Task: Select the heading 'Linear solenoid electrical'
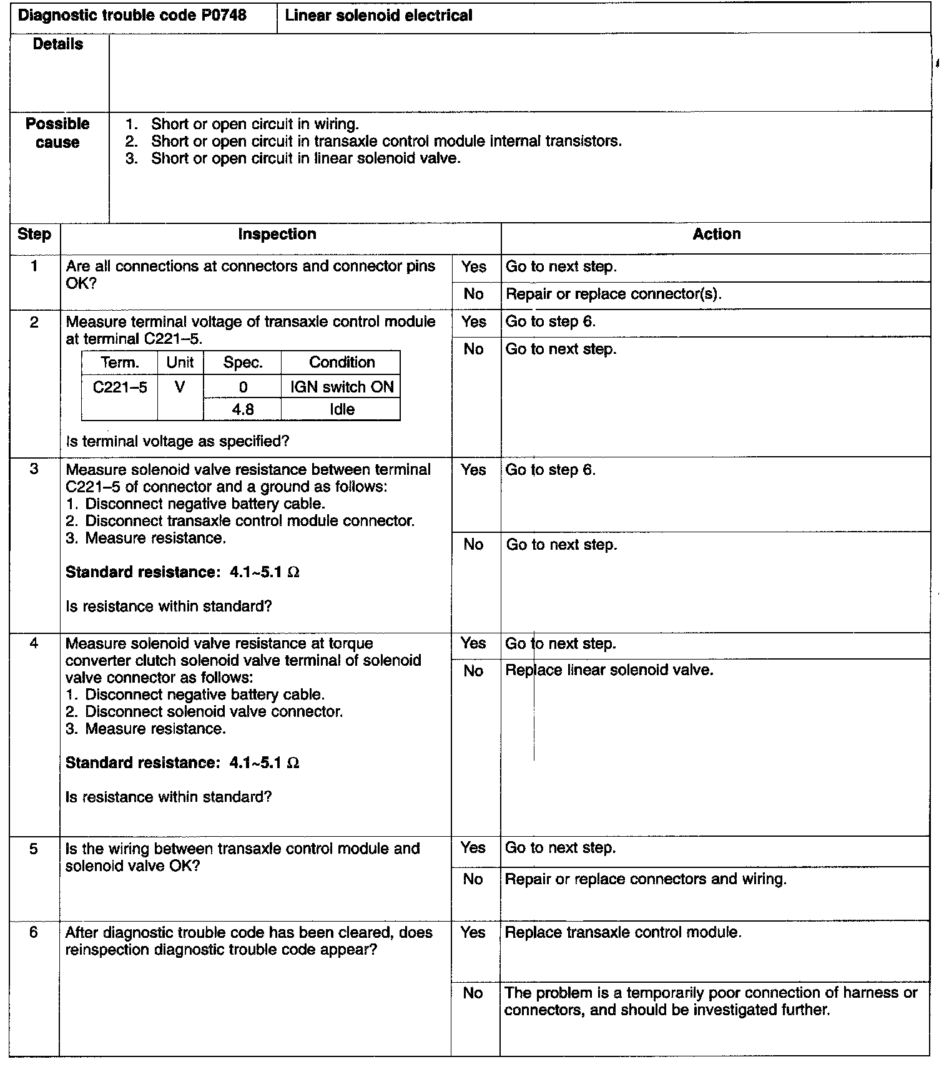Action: pyautogui.click(x=378, y=16)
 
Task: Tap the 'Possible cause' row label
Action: pyautogui.click(x=57, y=133)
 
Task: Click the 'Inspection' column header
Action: pyautogui.click(x=277, y=235)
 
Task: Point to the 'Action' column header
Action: pyautogui.click(x=717, y=235)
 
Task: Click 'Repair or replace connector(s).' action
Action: pyautogui.click(x=613, y=294)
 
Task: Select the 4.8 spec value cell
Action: pyautogui.click(x=242, y=410)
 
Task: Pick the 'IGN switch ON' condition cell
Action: pyautogui.click(x=342, y=387)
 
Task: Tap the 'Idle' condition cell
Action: pyautogui.click(x=342, y=410)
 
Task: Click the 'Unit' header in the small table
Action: pyautogui.click(x=180, y=363)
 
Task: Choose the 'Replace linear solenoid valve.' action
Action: pyautogui.click(x=609, y=670)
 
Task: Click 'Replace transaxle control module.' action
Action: pyautogui.click(x=622, y=933)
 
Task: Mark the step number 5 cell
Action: pyautogui.click(x=34, y=849)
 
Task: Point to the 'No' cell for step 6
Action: pyautogui.click(x=473, y=993)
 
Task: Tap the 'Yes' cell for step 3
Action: pyautogui.click(x=473, y=470)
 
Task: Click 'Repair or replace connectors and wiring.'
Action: pyautogui.click(x=645, y=879)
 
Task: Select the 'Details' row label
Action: pyautogui.click(x=58, y=44)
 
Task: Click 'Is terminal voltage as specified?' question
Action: pyautogui.click(x=177, y=442)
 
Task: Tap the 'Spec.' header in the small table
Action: pyautogui.click(x=242, y=363)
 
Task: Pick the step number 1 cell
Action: pyautogui.click(x=34, y=266)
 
